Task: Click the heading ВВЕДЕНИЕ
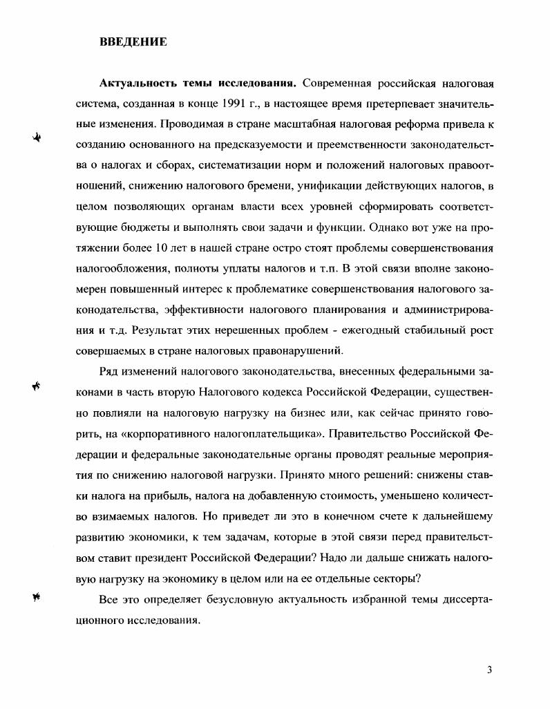(133, 42)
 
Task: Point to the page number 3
(489, 670)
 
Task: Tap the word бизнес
(305, 413)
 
